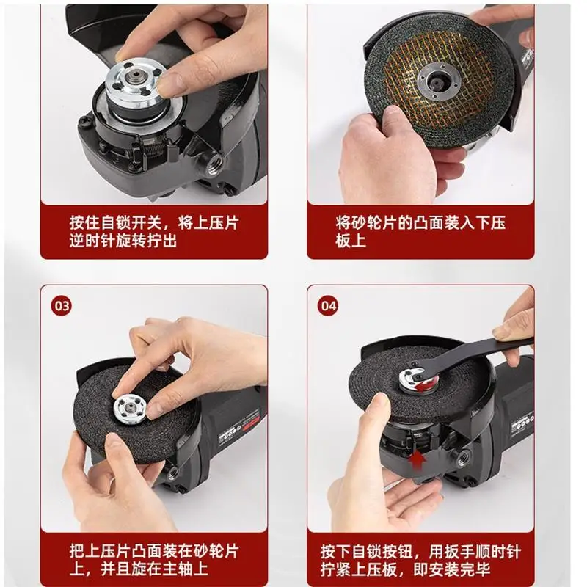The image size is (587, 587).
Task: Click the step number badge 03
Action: click(x=61, y=306)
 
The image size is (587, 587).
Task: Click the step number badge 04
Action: click(x=328, y=306)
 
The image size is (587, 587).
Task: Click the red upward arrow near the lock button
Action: click(x=416, y=461)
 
